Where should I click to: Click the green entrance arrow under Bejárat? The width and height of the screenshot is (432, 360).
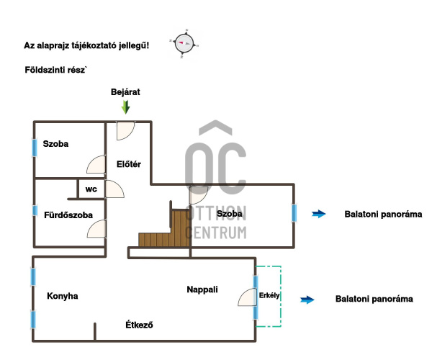click(x=126, y=107)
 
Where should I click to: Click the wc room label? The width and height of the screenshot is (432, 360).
click(x=91, y=189)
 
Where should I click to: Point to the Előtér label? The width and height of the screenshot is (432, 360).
click(x=128, y=164)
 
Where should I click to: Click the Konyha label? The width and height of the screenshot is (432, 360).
click(x=62, y=296)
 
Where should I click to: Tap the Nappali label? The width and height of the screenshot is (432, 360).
click(x=202, y=289)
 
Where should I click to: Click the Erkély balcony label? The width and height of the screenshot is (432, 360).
click(x=269, y=295)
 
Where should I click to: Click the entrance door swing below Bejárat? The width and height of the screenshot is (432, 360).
click(x=125, y=130)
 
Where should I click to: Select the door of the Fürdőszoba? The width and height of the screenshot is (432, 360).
click(x=96, y=230)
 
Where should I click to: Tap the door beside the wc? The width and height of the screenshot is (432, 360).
click(x=114, y=189)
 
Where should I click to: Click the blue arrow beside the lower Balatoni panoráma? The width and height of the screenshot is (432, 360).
click(x=307, y=299)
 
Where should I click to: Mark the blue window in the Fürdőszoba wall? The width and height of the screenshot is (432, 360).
click(x=34, y=211)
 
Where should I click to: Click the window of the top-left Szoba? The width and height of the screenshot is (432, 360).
click(x=34, y=147)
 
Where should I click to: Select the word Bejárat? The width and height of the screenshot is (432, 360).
click(x=125, y=93)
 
